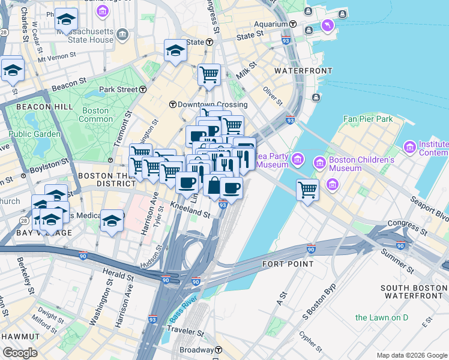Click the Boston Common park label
pos(95,115)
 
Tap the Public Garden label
pos(35,134)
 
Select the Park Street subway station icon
pos(143,89)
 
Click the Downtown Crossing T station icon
pos(172,104)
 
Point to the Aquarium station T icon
pos(294,24)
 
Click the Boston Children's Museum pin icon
pos(319,163)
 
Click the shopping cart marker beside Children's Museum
pos(307,190)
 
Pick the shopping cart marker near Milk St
pos(209,74)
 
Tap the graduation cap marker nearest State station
pos(175,50)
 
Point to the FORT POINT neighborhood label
pos(288,263)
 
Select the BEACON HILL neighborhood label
pos(37,107)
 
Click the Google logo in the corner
pos(20,353)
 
